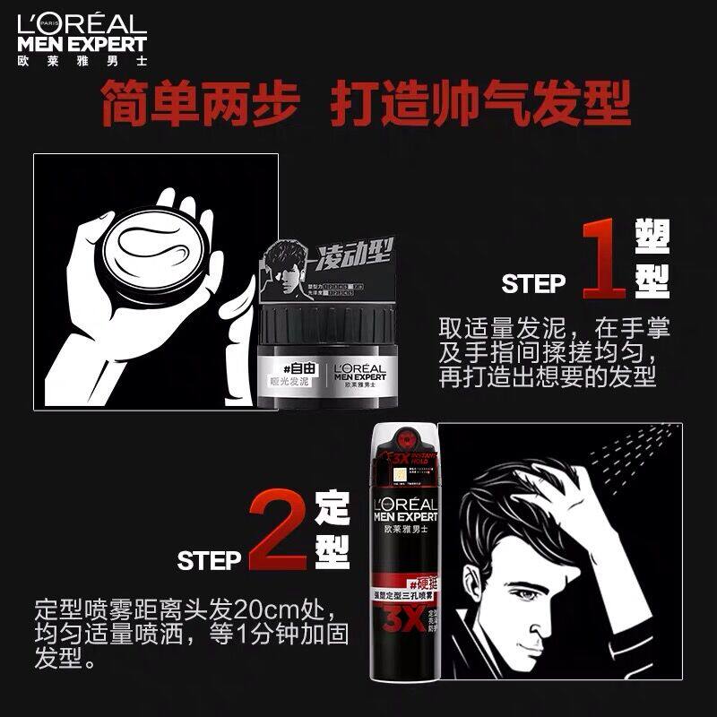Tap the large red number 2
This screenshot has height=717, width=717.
pyautogui.click(x=277, y=531)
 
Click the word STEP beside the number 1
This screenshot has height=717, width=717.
pyautogui.click(x=534, y=284)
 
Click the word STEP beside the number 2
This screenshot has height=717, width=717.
pyautogui.click(x=210, y=561)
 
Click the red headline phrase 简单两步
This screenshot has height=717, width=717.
pyautogui.click(x=198, y=106)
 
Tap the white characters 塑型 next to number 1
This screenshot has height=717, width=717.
pyautogui.click(x=652, y=257)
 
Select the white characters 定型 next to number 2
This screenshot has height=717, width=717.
pyautogui.click(x=331, y=531)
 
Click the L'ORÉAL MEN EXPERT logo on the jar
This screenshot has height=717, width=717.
pyautogui.click(x=359, y=374)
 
